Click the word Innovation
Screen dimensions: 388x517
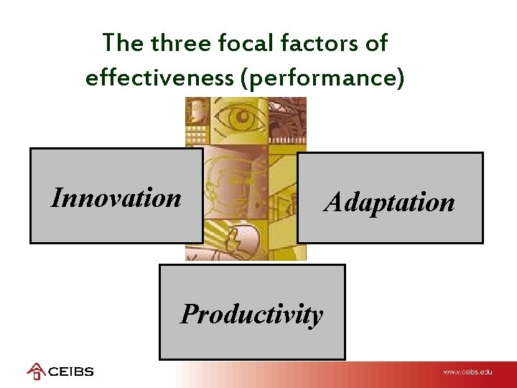116,198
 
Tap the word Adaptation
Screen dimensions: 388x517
389,202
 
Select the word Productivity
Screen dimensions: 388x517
251,314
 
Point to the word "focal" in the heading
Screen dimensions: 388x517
249,43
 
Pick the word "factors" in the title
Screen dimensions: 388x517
320,43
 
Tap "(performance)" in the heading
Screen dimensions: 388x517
323,78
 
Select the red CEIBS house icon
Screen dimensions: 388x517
36,371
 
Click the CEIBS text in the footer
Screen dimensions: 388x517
71,372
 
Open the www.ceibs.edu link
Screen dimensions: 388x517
467,372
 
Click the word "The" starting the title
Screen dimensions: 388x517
123,43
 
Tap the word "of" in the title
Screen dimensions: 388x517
375,43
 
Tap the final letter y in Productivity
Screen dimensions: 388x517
316,316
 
